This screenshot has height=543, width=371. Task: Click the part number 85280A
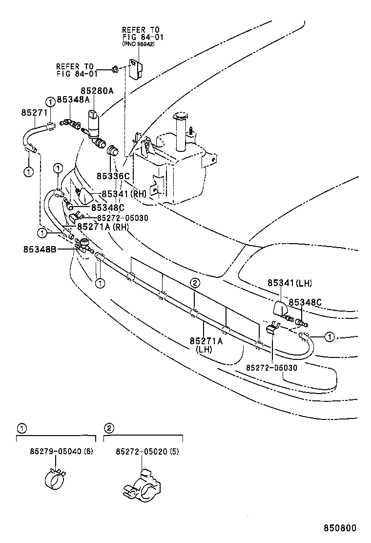tap(97, 91)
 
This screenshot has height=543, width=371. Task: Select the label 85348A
tap(73, 100)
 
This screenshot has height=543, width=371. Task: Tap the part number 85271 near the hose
tap(34, 112)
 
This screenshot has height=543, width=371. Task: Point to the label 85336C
tap(113, 176)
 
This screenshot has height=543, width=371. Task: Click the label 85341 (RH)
tap(124, 194)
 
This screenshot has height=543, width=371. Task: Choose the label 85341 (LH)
tap(289, 283)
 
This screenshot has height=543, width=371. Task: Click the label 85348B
tap(40, 250)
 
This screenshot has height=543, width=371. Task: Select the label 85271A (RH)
tap(102, 227)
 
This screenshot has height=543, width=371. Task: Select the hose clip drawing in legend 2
tap(141, 484)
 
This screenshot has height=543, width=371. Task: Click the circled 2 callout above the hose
tap(194, 283)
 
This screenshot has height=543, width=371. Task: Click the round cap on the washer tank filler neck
tap(180, 116)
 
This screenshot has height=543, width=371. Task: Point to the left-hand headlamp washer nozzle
tap(281, 310)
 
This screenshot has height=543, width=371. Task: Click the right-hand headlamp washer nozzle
tap(86, 197)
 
